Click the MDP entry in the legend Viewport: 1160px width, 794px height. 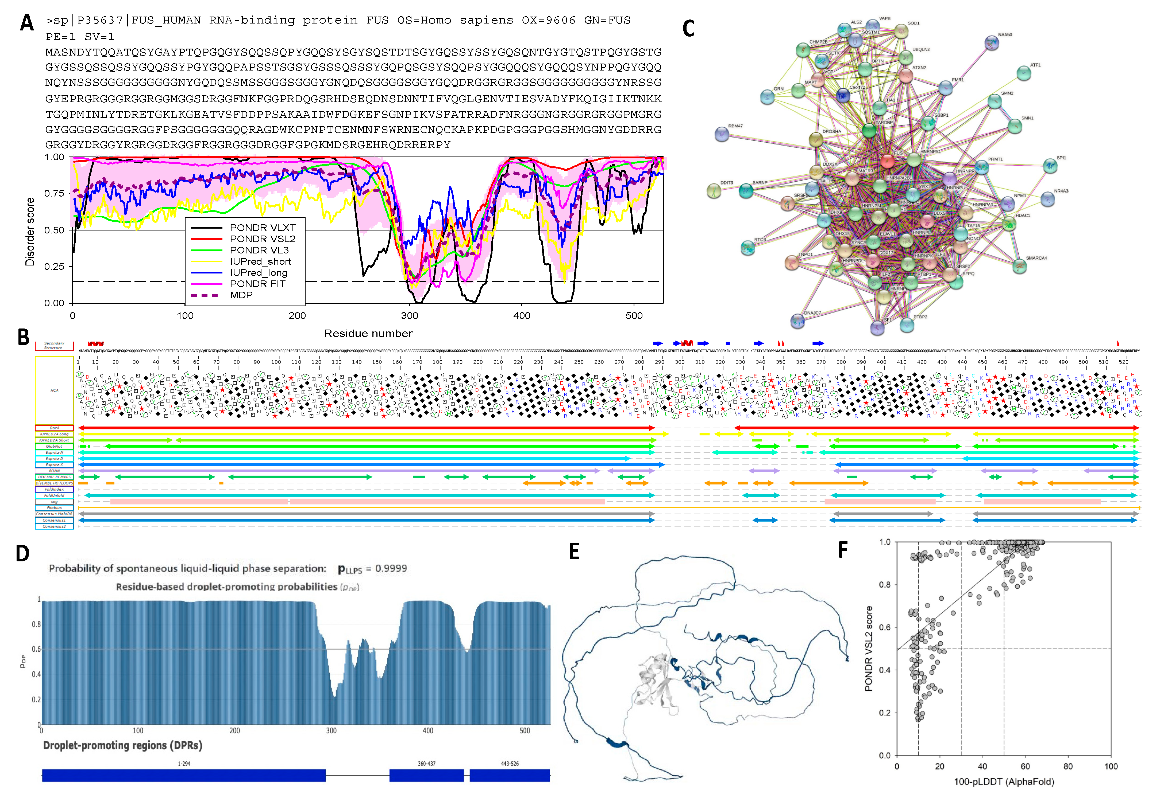click(241, 295)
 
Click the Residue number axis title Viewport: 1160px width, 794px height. click(368, 333)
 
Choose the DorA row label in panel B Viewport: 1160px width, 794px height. click(55, 428)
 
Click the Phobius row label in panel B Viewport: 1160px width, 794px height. click(55, 508)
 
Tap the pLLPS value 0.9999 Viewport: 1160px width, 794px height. click(391, 569)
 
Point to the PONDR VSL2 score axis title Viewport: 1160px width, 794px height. click(868, 648)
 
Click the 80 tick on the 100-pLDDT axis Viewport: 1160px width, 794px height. click(1068, 766)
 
